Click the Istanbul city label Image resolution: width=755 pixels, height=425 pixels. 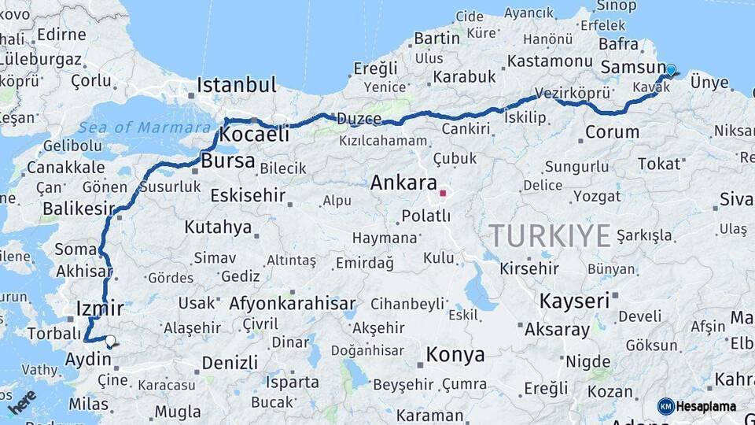point(237,85)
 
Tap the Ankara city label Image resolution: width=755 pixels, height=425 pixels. point(403,183)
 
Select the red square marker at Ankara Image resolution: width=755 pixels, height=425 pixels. point(443,192)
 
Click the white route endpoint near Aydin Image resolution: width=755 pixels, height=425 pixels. point(111,341)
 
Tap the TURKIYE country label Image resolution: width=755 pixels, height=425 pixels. point(550,235)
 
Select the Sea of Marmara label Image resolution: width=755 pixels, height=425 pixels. point(134,128)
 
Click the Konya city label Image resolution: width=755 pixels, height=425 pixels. point(455,355)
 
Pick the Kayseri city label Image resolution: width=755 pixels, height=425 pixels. point(574,301)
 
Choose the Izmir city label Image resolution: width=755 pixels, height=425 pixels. point(101,308)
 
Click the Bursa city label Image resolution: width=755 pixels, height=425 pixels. point(228,161)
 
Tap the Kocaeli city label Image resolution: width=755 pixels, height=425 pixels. point(253,135)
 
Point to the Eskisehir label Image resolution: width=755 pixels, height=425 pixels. point(237,195)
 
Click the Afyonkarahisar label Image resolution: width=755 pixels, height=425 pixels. point(293,303)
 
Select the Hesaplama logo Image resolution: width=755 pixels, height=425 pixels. point(697,406)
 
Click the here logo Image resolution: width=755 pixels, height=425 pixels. point(22,401)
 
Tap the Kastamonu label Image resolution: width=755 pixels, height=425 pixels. point(550,61)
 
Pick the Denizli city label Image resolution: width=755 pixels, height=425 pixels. point(230,363)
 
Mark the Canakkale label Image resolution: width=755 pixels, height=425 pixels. point(65,167)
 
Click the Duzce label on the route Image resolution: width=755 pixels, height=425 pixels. point(359,119)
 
